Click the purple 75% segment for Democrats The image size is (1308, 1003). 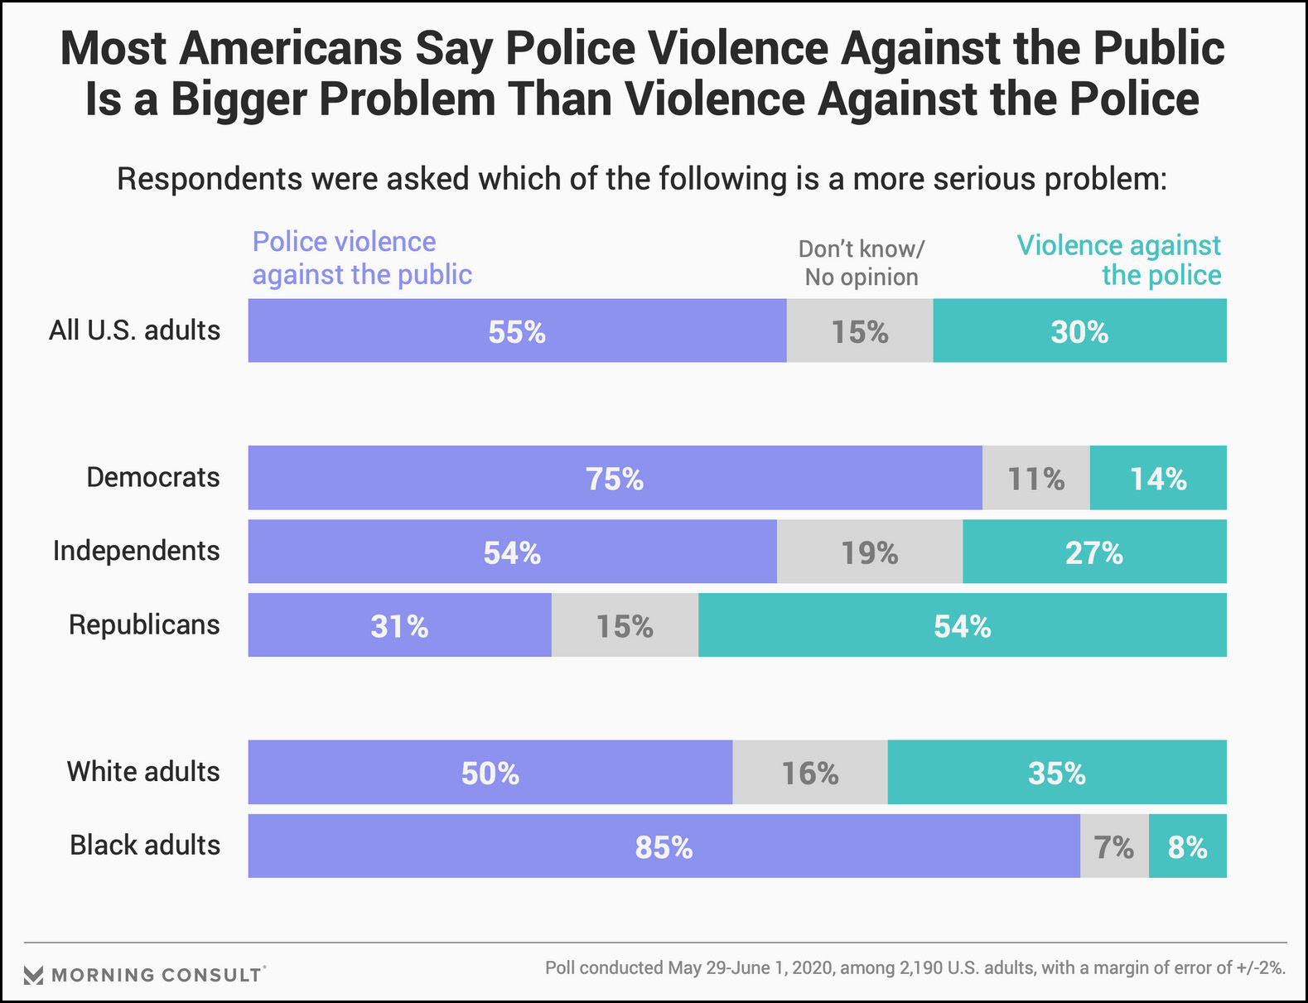[615, 478]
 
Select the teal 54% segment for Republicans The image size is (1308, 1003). [962, 625]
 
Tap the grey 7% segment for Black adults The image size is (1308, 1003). [1114, 846]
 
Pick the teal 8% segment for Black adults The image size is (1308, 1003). [1187, 846]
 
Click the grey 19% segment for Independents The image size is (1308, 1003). [870, 552]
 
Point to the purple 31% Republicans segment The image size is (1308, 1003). [399, 625]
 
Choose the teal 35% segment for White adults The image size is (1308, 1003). [1056, 772]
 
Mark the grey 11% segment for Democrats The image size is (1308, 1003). [1035, 478]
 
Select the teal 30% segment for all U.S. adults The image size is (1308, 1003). [1079, 330]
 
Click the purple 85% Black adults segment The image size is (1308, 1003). [664, 846]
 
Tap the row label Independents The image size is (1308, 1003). [137, 551]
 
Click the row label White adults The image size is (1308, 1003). [143, 772]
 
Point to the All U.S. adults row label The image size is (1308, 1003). [135, 330]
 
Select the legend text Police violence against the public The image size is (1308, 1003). [362, 258]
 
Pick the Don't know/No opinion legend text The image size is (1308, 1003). [862, 263]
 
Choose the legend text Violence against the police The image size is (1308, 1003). [1119, 260]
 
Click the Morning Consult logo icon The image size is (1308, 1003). [33, 975]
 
